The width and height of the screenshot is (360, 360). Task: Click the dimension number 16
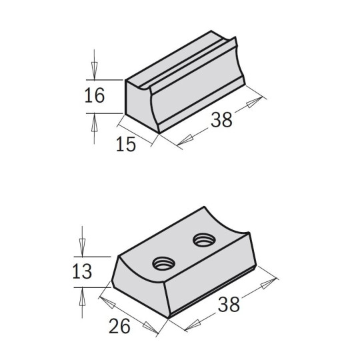click(95, 96)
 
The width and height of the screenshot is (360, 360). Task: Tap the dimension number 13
click(82, 272)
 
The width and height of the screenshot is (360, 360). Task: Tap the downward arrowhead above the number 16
click(94, 68)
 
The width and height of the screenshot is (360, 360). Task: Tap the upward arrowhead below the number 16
click(94, 121)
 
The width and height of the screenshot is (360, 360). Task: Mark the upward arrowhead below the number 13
click(82, 297)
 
